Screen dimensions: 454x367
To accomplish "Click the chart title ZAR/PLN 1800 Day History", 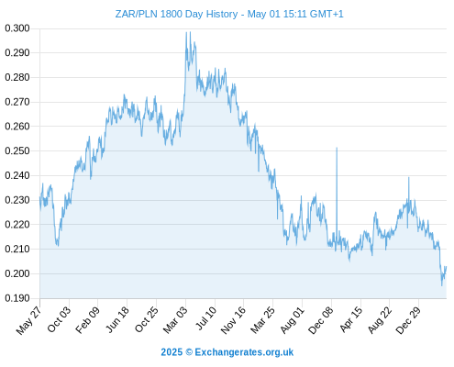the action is point(176,14).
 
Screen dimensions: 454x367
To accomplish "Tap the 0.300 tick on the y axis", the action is point(17,28).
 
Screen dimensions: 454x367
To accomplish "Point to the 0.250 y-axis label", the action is point(17,150).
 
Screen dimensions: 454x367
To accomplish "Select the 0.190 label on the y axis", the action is point(17,298).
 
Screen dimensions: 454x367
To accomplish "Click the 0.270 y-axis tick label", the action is point(17,102).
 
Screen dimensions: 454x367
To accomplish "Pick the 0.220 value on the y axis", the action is point(17,225).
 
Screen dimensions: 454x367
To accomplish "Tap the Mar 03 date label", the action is point(174,320).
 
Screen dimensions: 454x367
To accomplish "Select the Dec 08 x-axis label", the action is point(320,320).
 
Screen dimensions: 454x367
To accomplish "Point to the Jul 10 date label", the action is point(205,318).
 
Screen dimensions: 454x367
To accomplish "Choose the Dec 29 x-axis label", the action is point(407,320).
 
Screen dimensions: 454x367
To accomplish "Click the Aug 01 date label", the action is point(292,320).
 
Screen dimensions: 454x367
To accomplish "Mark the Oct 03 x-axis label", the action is point(59,319).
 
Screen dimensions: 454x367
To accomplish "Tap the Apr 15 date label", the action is point(350,319).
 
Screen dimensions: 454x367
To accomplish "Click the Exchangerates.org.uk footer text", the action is point(244,352).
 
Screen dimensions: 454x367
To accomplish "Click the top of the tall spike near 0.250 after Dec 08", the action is point(337,148).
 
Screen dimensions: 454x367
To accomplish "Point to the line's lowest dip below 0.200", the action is point(441,285).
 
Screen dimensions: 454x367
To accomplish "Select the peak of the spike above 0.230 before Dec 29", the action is point(408,177).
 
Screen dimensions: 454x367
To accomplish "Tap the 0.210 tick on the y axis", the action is point(17,249).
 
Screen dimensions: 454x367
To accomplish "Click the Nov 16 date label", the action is point(233,320).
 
